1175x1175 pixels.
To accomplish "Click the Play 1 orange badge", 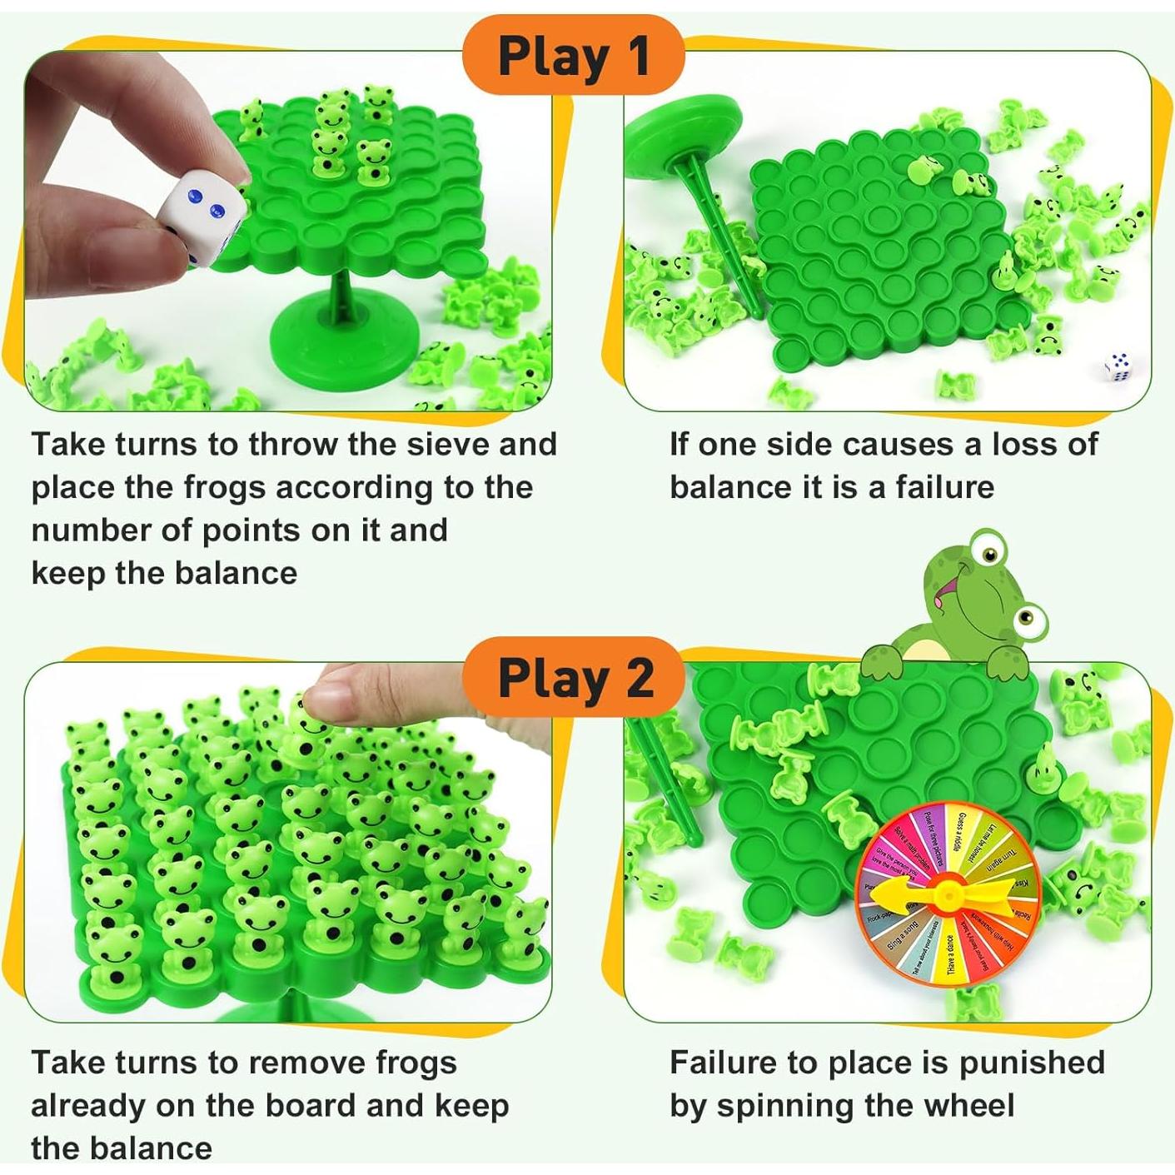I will [574, 56].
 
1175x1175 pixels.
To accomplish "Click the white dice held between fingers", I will [203, 212].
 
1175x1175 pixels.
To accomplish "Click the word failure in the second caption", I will [944, 487].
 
